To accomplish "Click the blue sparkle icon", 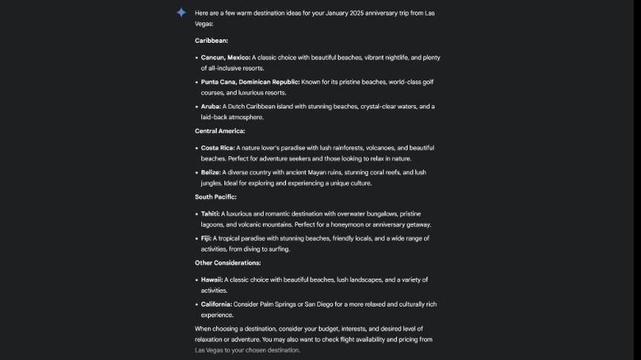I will (181, 12).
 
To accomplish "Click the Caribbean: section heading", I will (211, 40).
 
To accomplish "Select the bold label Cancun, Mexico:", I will (225, 58).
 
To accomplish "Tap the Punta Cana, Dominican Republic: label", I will (250, 82).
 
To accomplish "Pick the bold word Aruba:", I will (210, 107).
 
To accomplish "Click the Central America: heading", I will (219, 131).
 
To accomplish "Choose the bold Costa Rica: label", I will (218, 148).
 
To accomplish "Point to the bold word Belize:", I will (211, 173).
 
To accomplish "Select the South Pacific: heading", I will (215, 196).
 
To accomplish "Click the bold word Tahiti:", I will (210, 214).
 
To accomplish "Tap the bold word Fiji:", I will (206, 238).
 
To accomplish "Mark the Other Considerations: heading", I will (228, 262).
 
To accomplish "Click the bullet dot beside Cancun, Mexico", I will (196, 58).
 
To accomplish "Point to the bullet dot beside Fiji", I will (196, 238).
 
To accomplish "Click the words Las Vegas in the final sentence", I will (210, 350).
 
